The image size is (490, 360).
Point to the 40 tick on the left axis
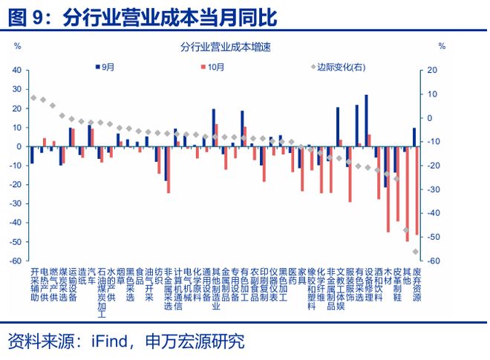(16, 70)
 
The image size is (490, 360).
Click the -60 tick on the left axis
(14, 261)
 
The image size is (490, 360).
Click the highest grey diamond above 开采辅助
(33, 98)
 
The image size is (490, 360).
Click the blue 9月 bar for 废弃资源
(414, 137)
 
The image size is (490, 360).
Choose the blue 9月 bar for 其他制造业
(214, 128)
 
